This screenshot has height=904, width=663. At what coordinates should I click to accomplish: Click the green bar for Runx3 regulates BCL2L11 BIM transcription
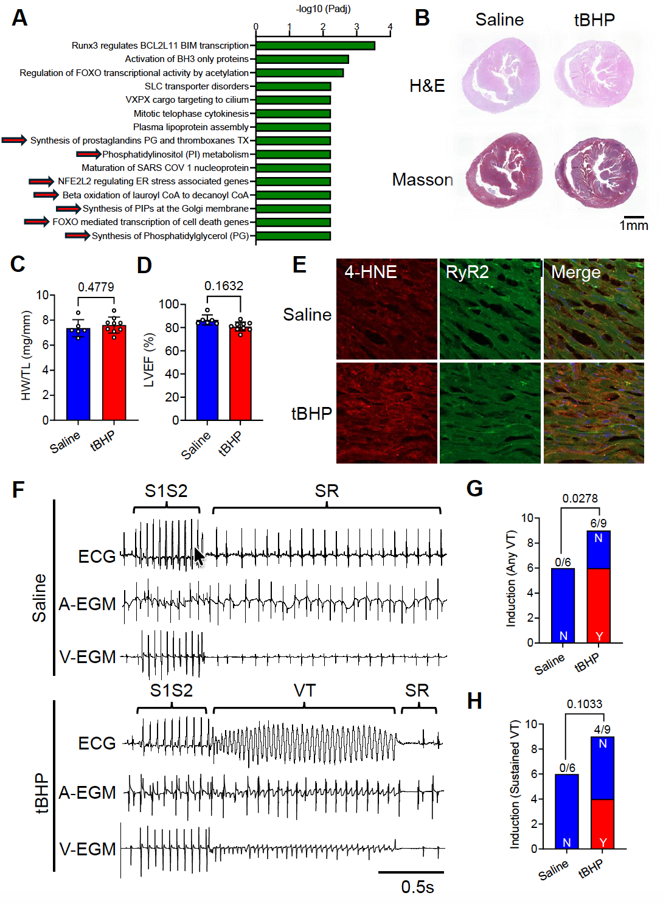[316, 46]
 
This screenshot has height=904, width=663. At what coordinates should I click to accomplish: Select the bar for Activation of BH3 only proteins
[302, 60]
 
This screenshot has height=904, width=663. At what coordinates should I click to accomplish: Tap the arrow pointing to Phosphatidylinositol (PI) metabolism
[89, 154]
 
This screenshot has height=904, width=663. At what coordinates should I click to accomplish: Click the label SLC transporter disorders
[196, 86]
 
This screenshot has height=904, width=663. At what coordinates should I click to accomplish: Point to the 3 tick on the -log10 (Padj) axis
[356, 27]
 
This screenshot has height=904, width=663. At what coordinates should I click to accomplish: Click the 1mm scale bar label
[634, 225]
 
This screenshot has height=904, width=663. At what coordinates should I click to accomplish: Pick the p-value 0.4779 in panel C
[96, 287]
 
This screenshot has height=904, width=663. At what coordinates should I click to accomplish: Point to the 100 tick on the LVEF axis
[170, 304]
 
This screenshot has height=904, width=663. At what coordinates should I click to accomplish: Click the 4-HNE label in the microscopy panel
[370, 272]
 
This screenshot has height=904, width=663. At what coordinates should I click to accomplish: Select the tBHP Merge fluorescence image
[594, 412]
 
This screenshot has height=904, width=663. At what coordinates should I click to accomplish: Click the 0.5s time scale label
[418, 886]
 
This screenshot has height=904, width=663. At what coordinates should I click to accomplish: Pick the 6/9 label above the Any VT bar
[599, 523]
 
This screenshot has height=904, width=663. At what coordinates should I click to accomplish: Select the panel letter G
[474, 489]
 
